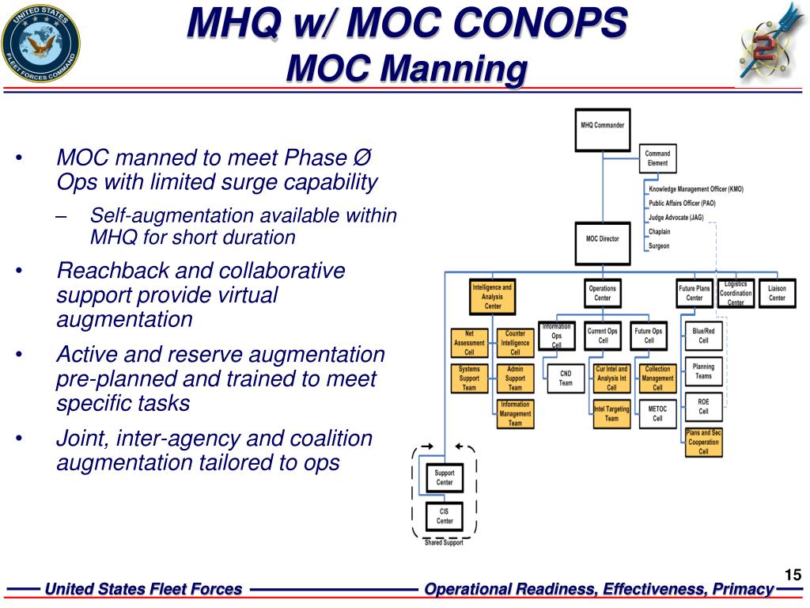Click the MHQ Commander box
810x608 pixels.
point(603,129)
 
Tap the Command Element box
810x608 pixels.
point(657,158)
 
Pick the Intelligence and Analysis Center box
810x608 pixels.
point(492,296)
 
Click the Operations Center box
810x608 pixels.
point(603,293)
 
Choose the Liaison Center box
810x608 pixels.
point(777,293)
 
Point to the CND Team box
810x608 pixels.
point(566,379)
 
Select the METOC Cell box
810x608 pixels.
point(657,413)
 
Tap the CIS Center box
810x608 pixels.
point(445,516)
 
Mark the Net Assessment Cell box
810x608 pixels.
point(469,343)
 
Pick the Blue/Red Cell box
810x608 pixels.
point(703,336)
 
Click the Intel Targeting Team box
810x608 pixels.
point(611,413)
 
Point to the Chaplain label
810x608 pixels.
point(659,232)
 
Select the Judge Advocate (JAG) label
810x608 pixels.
point(676,218)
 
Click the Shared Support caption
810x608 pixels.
point(444,542)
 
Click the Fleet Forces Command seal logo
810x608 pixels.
point(40,41)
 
